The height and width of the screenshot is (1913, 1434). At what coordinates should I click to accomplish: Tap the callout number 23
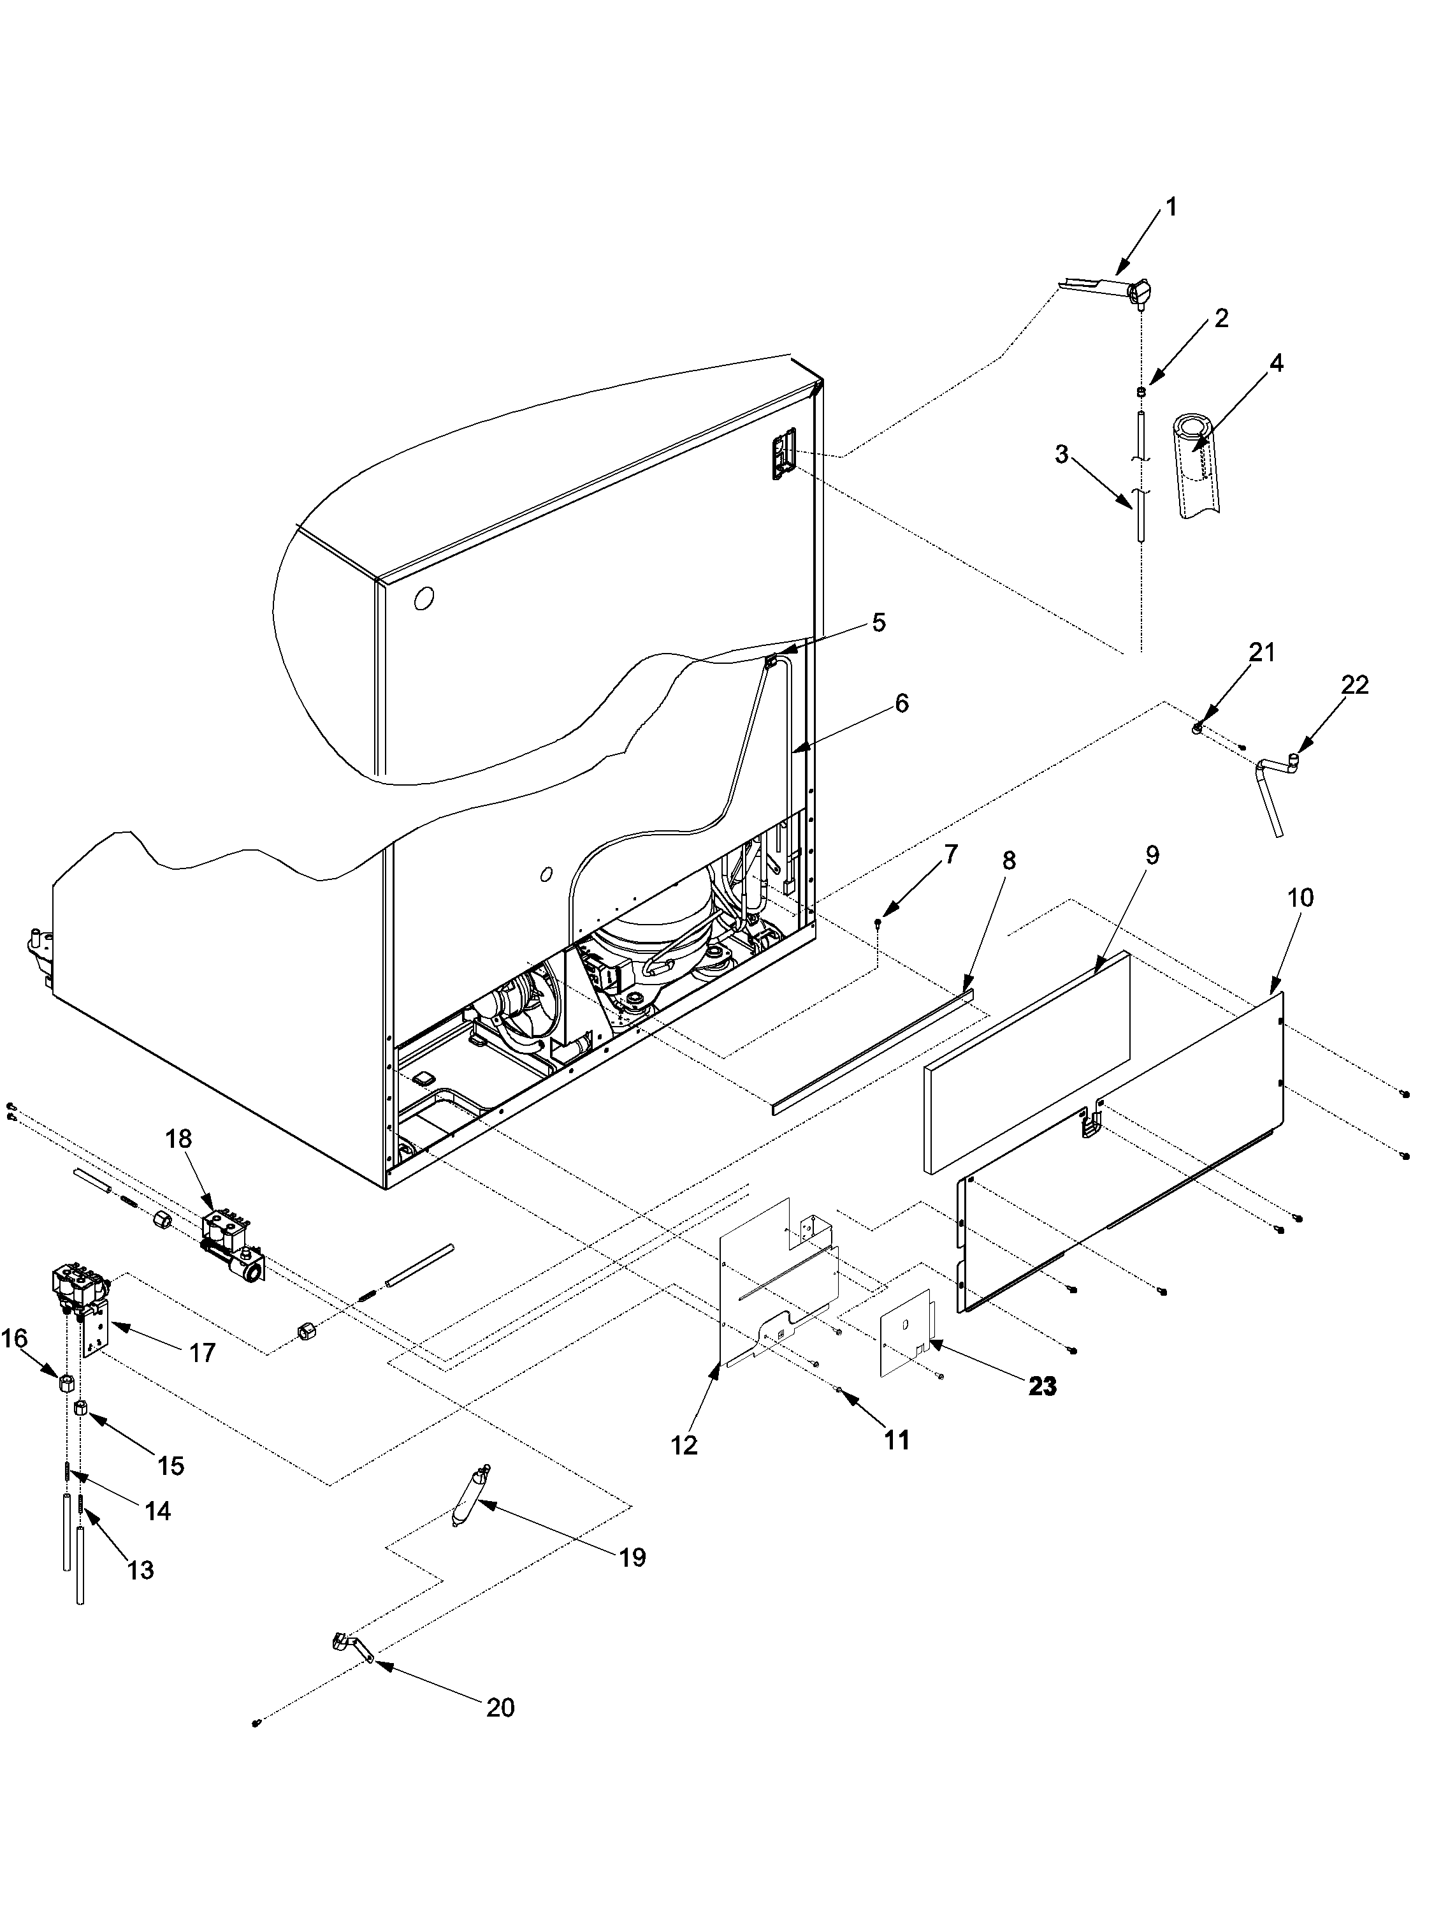tap(1043, 1386)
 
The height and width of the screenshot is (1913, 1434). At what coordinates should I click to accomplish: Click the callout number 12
tap(684, 1445)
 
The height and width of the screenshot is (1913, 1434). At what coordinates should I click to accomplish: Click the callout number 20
tap(500, 1707)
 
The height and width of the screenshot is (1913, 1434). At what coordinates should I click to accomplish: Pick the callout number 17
tap(201, 1352)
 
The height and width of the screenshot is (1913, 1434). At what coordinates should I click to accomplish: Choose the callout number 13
tap(141, 1570)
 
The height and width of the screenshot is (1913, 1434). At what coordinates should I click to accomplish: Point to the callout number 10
tap(1300, 898)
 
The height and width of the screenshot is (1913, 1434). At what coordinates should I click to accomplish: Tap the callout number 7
tap(951, 855)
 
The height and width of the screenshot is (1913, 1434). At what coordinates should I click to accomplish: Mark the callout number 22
tap(1356, 685)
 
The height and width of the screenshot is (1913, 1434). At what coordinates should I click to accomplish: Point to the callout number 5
tap(878, 622)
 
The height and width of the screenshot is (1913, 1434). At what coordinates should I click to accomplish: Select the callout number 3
tap(1061, 454)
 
